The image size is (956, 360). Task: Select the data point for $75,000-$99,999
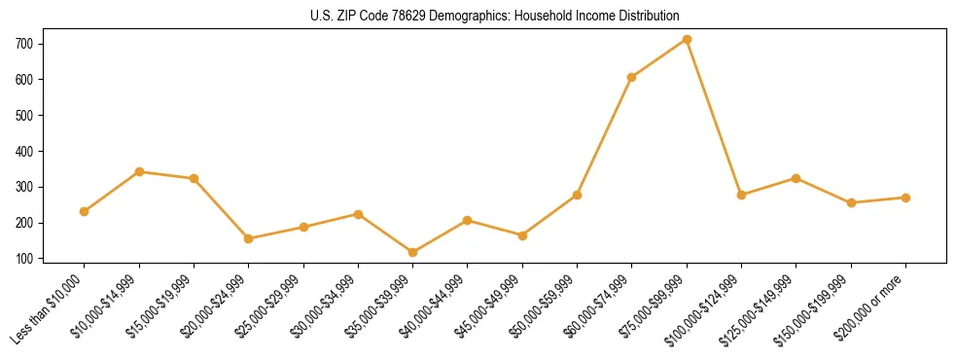pyautogui.click(x=687, y=39)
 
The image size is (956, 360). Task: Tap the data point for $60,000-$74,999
pyautogui.click(x=632, y=77)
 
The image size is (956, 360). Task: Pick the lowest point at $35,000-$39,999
pyautogui.click(x=412, y=253)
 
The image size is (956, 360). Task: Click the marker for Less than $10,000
pyautogui.click(x=85, y=211)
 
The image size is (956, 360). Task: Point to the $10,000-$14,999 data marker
pyautogui.click(x=139, y=171)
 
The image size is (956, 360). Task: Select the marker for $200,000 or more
pyautogui.click(x=905, y=198)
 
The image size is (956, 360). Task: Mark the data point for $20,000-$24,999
pyautogui.click(x=249, y=238)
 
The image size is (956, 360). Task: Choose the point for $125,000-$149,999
pyautogui.click(x=797, y=178)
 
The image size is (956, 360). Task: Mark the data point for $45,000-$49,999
pyautogui.click(x=522, y=235)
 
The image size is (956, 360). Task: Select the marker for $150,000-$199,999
pyautogui.click(x=851, y=202)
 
